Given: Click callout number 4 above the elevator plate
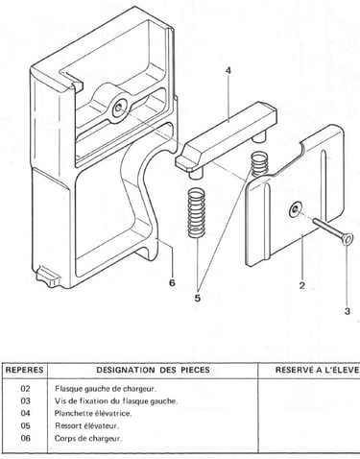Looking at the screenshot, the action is tap(228, 70).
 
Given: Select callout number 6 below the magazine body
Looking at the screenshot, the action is tap(172, 282).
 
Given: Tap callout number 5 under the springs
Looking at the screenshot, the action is tap(198, 298).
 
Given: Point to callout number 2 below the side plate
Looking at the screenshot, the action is tap(302, 285).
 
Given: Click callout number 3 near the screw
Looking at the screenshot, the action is tap(348, 311).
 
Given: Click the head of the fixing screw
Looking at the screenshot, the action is tap(348, 239).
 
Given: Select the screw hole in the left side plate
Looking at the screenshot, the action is tap(295, 210).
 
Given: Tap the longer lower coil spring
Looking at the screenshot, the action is tap(196, 213).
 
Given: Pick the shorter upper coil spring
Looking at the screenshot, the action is tap(259, 164).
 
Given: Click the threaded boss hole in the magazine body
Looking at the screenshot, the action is tap(119, 108).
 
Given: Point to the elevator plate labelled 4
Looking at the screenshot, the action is tap(226, 136).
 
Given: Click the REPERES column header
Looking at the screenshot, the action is tap(25, 370).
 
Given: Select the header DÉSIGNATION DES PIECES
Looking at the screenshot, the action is tap(154, 370).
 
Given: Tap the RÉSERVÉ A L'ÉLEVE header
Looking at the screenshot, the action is tap(317, 370).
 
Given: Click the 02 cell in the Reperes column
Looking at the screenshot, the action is tap(25, 389).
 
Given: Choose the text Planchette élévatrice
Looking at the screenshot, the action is tap(93, 413).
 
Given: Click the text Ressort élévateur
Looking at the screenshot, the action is tap(86, 425).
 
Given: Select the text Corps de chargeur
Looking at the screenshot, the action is tap(88, 438).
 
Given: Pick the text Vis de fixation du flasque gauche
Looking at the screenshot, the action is tap(116, 400).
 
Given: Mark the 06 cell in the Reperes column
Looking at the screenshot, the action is tap(25, 438).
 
